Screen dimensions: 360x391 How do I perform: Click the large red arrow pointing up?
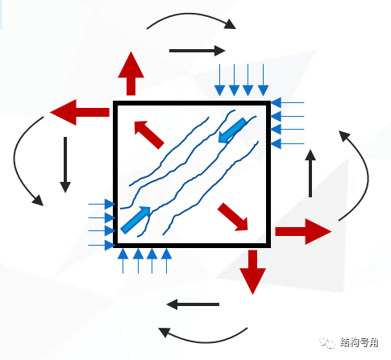click(x=130, y=72)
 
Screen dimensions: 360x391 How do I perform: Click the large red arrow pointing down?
click(x=253, y=271)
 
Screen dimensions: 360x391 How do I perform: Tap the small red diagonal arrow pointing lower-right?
click(x=233, y=215)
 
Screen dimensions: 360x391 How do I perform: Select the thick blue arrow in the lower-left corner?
click(x=135, y=219)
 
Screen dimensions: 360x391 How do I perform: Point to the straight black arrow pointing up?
click(x=310, y=172)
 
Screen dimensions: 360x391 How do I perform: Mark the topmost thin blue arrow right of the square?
click(x=288, y=103)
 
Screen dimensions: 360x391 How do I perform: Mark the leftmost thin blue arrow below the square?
click(x=123, y=260)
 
